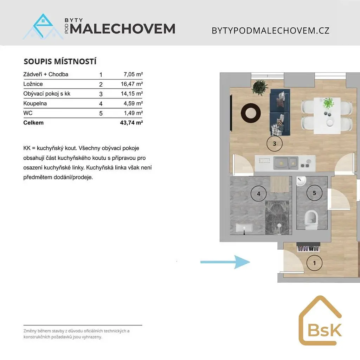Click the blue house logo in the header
click(x=43, y=26)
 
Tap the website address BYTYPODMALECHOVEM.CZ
click(x=270, y=31)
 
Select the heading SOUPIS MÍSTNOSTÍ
click(x=60, y=62)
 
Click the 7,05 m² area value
click(x=133, y=75)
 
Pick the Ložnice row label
click(x=33, y=84)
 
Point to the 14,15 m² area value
click(x=132, y=94)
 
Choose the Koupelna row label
click(x=35, y=104)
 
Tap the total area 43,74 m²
click(x=131, y=123)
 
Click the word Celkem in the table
click(x=33, y=123)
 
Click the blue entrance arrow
click(x=225, y=262)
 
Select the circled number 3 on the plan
click(x=274, y=144)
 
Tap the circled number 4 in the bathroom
click(x=258, y=194)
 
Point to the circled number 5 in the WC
click(x=314, y=193)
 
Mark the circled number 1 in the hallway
click(x=314, y=263)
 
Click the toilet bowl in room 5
click(x=311, y=220)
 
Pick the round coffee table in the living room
click(x=251, y=113)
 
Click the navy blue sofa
click(x=280, y=112)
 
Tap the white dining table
click(x=327, y=115)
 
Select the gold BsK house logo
click(x=320, y=321)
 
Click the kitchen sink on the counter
click(x=285, y=163)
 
